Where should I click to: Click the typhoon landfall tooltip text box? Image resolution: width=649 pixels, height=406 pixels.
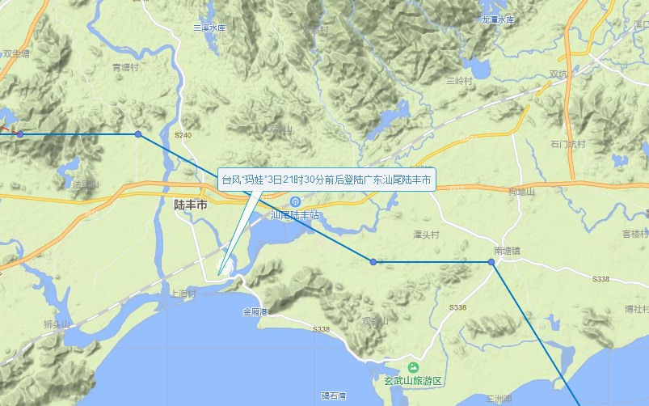(x=327, y=180)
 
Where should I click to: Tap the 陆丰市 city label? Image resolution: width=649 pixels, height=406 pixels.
(x=191, y=205)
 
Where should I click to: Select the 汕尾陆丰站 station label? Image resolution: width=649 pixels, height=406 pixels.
(x=295, y=215)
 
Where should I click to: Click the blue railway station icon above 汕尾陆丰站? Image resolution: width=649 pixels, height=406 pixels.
(x=296, y=201)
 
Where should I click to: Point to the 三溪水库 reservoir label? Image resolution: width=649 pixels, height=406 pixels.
(x=209, y=27)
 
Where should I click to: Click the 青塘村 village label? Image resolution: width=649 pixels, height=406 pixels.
(x=126, y=68)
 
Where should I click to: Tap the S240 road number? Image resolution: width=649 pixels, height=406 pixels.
(x=183, y=135)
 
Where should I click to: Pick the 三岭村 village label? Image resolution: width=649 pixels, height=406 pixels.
(x=458, y=81)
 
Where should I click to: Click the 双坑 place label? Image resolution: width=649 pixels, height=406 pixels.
(x=558, y=74)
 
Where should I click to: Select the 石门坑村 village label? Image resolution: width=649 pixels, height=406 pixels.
(x=567, y=144)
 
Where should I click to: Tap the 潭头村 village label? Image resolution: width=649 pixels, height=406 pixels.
(x=426, y=235)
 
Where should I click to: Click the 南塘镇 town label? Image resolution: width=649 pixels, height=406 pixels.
(x=508, y=250)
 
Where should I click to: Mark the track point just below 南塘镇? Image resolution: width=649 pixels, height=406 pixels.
(x=491, y=262)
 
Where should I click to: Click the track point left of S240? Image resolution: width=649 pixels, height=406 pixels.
(x=138, y=134)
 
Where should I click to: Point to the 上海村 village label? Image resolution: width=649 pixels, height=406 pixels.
(x=179, y=294)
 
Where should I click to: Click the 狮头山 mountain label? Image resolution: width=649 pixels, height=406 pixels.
(x=57, y=325)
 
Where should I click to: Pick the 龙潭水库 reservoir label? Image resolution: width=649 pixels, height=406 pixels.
(x=497, y=19)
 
